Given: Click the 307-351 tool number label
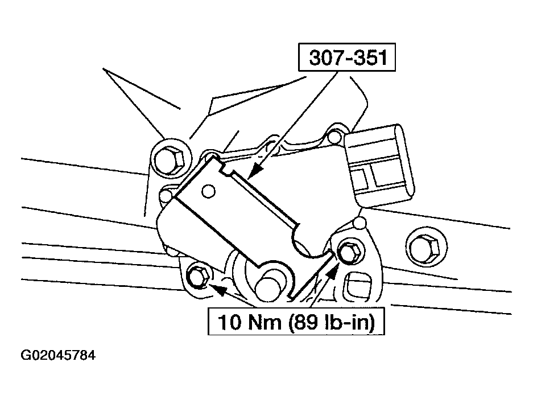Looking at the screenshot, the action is pos(347,57).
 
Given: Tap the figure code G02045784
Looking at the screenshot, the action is pos(59,355).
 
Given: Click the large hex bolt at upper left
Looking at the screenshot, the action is pos(170,160).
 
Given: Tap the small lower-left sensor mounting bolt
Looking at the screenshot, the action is pos(199,275).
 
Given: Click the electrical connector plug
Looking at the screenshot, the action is pos(379,166).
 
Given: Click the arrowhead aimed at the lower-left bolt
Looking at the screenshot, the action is pos(219,290).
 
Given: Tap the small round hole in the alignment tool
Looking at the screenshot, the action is pos(208,191).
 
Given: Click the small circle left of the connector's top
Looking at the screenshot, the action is pos(335,137).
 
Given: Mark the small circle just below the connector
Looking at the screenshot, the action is pos(360,223).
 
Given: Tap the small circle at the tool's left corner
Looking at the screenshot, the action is pos(166,195).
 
